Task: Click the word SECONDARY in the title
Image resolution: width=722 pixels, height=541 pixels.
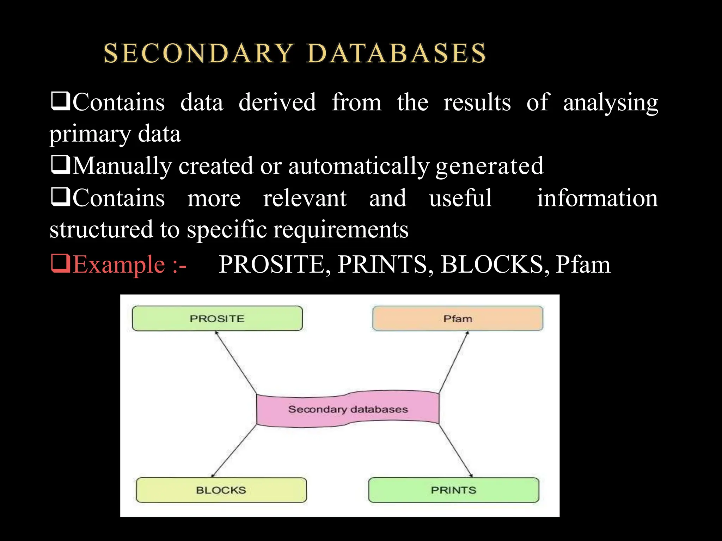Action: (x=198, y=54)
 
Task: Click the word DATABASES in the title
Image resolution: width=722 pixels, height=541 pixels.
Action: (x=397, y=54)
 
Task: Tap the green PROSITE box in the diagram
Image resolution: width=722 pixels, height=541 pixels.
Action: (x=217, y=318)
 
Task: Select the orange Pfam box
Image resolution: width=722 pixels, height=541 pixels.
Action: (x=458, y=318)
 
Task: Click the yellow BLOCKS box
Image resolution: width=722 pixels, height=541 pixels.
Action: (x=221, y=490)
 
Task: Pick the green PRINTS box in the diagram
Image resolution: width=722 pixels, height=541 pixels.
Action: (x=454, y=490)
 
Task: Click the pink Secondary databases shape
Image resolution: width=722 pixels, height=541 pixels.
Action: (x=348, y=409)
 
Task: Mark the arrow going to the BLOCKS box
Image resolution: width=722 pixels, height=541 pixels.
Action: (x=234, y=451)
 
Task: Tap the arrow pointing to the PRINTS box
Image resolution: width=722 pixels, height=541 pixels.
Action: (x=455, y=450)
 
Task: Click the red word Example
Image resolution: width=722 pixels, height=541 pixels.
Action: (x=119, y=265)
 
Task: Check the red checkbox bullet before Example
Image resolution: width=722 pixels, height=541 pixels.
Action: (x=60, y=263)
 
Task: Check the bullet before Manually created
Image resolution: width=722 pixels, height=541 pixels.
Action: (x=60, y=165)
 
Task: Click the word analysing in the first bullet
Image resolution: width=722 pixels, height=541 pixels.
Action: (x=610, y=103)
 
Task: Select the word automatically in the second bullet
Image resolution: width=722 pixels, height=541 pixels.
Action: (x=359, y=166)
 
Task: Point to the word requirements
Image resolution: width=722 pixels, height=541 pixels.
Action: (x=341, y=230)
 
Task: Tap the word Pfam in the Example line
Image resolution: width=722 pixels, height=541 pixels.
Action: (x=583, y=265)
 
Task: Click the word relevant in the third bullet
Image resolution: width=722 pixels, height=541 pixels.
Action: (x=305, y=198)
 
